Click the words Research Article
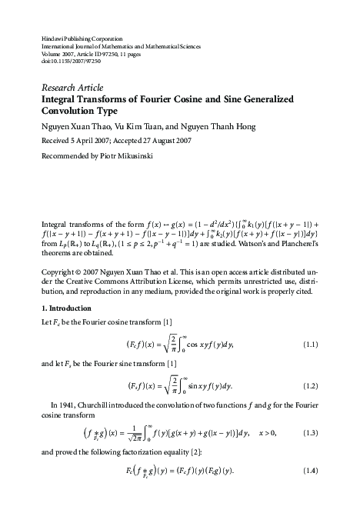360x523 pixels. click(72, 87)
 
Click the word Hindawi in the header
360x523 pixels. click(51, 37)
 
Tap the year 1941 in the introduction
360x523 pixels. click(69, 402)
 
